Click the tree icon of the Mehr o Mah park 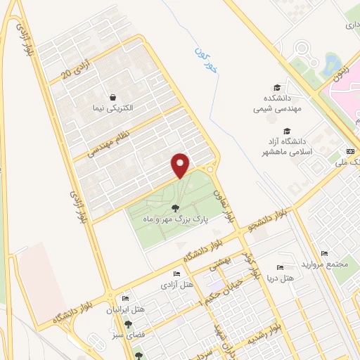point(174,207)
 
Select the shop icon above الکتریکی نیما point(112,97)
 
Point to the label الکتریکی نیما point(112,109)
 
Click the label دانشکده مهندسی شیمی point(278,103)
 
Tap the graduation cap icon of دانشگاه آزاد point(286,131)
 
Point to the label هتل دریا point(280,279)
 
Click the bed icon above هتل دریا point(280,267)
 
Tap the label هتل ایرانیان point(129,310)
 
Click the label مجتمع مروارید point(324,264)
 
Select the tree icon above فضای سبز point(129,325)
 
